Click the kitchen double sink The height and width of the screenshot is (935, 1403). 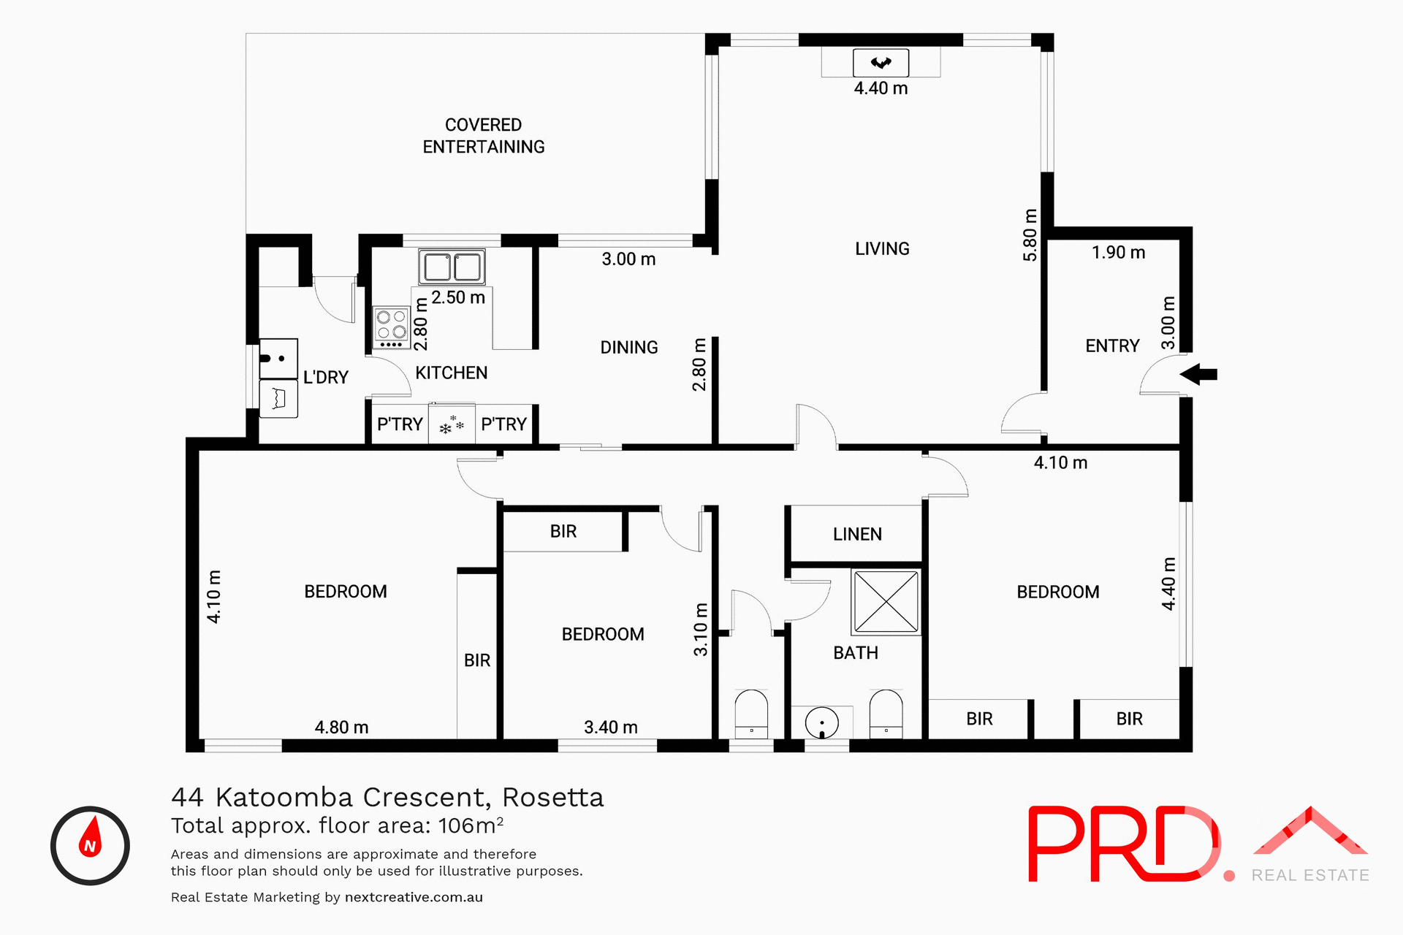click(452, 267)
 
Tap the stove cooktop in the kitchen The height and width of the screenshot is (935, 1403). click(392, 326)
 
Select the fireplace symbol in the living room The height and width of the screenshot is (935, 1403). click(881, 63)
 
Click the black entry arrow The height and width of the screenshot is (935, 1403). click(1198, 374)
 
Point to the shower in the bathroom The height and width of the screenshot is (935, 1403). click(886, 601)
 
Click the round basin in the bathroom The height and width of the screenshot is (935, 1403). click(822, 722)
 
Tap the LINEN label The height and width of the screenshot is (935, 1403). click(857, 534)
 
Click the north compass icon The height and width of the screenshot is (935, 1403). click(90, 845)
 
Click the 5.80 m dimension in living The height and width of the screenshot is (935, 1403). click(1030, 234)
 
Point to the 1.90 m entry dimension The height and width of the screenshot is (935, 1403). click(1118, 252)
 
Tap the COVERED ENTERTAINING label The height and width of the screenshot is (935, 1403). click(484, 136)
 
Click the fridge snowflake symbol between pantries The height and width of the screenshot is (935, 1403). click(452, 424)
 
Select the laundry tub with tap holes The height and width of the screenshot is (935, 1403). click(278, 359)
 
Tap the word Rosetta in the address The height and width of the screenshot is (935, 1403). click(553, 797)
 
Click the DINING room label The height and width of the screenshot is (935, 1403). click(629, 347)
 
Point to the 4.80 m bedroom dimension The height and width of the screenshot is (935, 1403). click(341, 727)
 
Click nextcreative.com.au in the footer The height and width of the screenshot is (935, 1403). click(414, 897)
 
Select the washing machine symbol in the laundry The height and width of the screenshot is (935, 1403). click(278, 399)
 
